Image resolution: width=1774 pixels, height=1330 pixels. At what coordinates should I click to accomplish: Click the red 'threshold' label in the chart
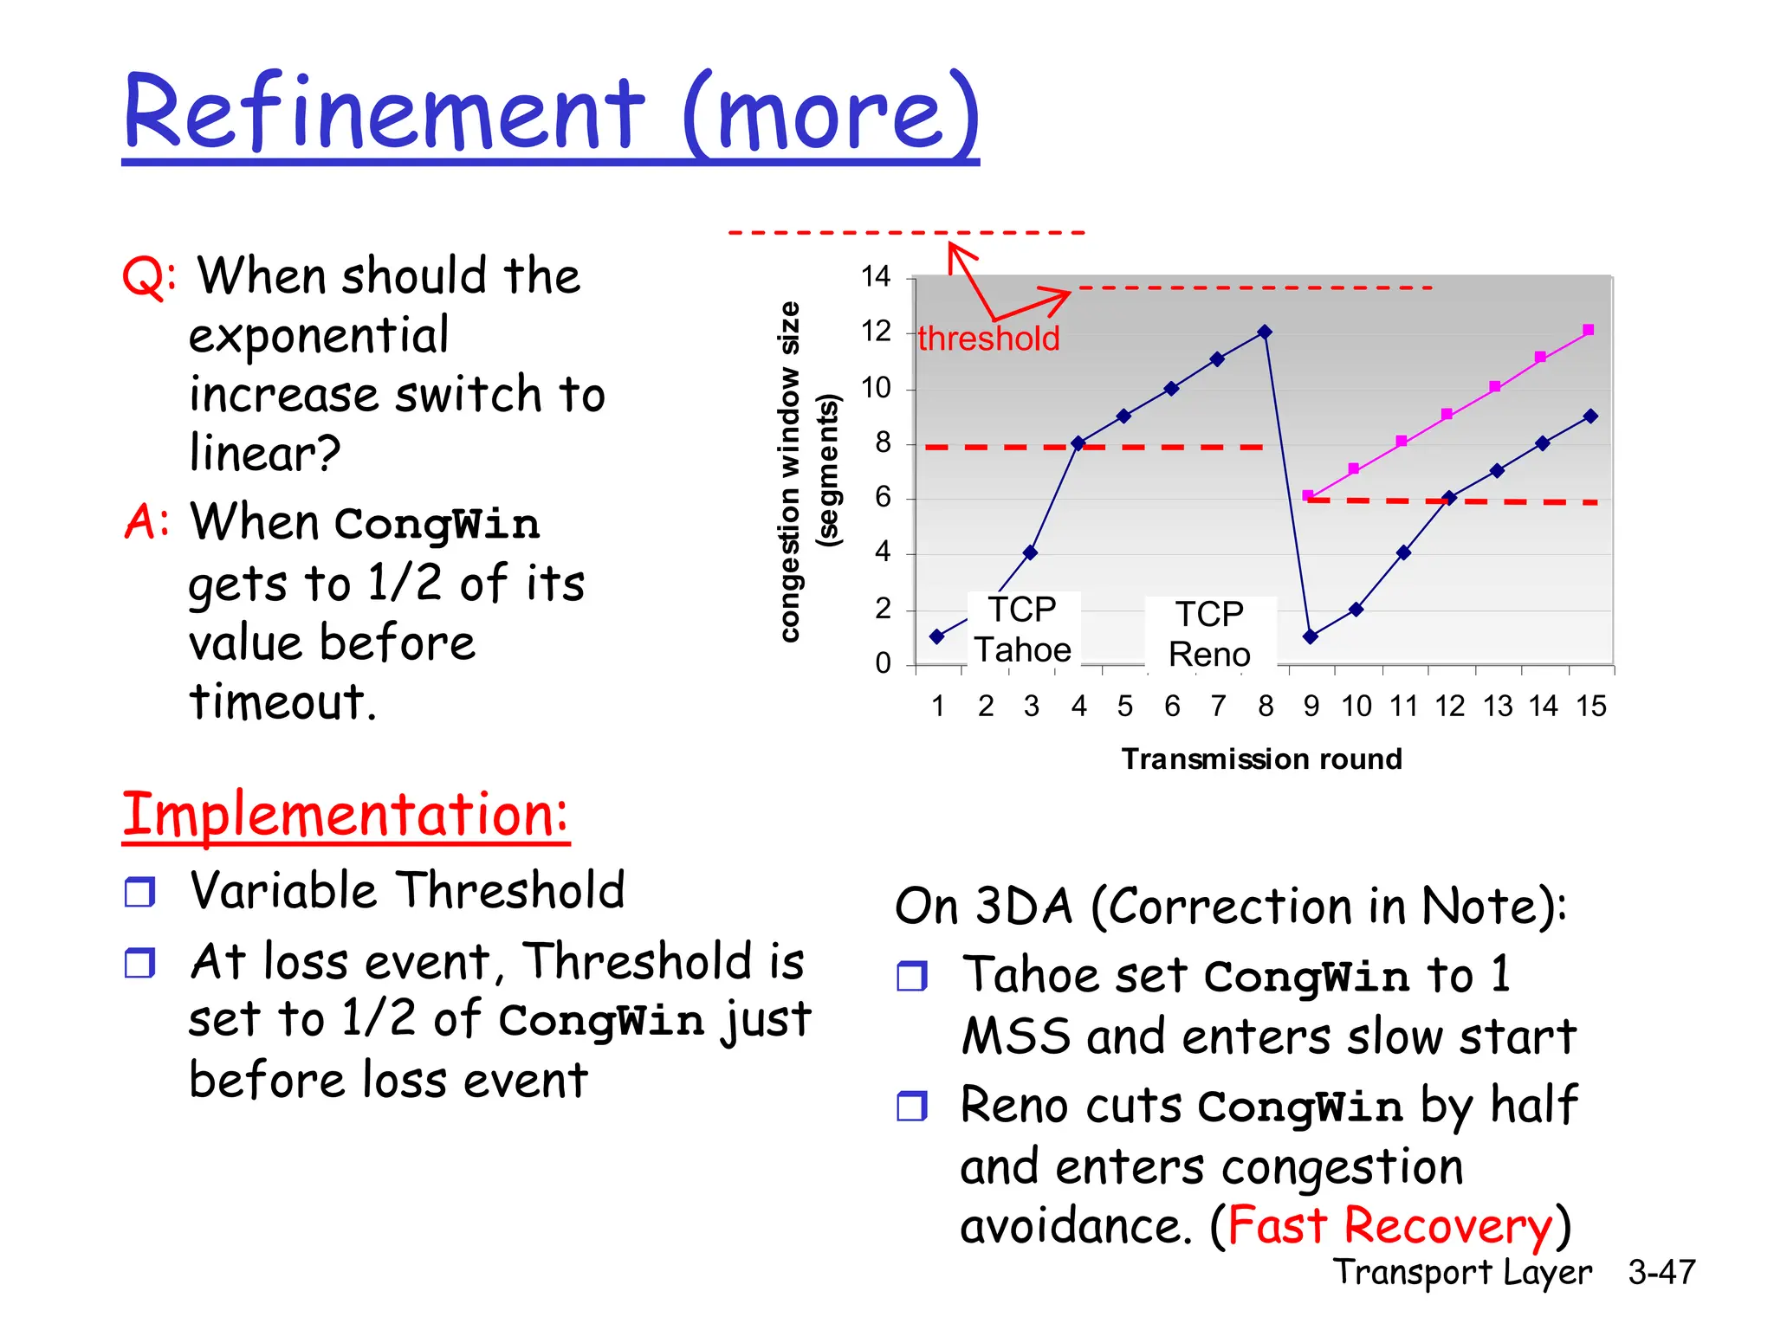[988, 339]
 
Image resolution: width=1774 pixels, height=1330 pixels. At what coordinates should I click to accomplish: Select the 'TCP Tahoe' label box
[1023, 629]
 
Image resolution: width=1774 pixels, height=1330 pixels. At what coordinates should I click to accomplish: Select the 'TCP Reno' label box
[1209, 634]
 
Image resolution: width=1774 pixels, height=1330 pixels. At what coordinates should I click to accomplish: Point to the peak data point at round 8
[1265, 332]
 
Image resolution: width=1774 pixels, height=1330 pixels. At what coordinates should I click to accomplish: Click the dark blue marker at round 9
[1311, 636]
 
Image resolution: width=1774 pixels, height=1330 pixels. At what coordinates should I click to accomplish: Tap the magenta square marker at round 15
[1588, 330]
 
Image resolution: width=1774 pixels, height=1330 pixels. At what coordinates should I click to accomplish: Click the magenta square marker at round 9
[1308, 495]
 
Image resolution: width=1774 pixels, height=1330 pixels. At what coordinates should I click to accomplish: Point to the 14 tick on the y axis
[876, 277]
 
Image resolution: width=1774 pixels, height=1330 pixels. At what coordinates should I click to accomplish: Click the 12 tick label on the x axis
[1449, 707]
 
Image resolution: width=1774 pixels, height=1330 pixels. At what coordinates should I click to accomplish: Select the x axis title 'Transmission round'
[1261, 759]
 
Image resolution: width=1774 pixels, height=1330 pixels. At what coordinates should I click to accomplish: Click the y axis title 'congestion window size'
[789, 472]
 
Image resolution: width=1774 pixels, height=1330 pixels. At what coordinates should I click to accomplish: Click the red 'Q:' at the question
[149, 277]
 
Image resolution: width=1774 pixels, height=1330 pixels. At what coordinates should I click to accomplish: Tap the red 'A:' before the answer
[146, 522]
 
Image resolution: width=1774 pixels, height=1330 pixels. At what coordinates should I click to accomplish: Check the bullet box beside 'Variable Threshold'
[139, 891]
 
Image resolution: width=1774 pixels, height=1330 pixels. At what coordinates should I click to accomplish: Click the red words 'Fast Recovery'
[1389, 1225]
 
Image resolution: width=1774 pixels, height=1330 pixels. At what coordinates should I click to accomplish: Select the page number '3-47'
[1661, 1272]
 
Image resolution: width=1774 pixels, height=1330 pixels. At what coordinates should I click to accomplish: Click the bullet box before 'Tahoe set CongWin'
[911, 976]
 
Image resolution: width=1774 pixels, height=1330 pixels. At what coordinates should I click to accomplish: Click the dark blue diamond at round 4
[1078, 443]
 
